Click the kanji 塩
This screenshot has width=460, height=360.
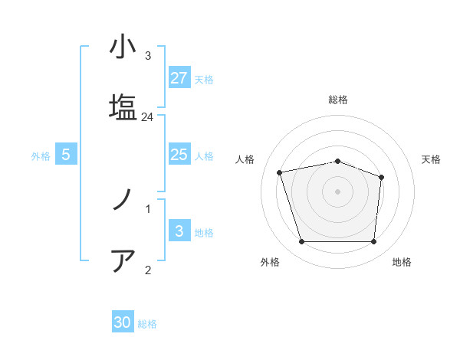click(x=123, y=106)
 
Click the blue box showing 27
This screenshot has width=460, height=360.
click(x=179, y=77)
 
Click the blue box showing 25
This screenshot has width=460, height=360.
click(x=179, y=155)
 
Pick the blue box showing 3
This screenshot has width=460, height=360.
click(x=179, y=231)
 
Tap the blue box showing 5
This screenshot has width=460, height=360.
click(x=66, y=155)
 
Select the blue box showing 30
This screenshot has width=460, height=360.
click(x=123, y=322)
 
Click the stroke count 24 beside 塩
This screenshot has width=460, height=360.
click(x=148, y=117)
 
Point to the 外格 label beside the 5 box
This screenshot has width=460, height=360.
click(x=41, y=155)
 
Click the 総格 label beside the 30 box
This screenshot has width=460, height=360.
click(x=147, y=324)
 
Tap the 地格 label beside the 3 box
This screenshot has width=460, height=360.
click(x=204, y=232)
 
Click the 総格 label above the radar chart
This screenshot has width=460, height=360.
click(x=337, y=100)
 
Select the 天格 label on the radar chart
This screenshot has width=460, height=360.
click(x=431, y=159)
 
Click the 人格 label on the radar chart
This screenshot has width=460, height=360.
click(x=245, y=159)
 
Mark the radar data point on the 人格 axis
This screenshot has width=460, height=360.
click(x=280, y=172)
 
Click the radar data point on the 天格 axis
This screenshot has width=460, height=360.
click(x=382, y=177)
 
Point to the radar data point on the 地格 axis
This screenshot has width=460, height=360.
click(x=373, y=242)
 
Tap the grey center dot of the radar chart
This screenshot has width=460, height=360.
click(x=337, y=191)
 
